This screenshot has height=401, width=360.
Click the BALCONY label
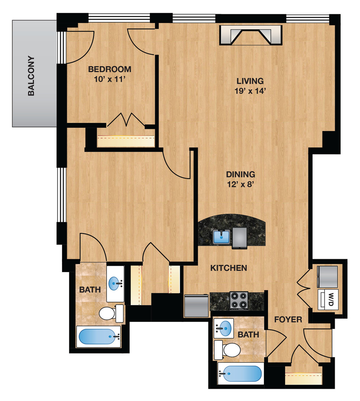coord(31,76)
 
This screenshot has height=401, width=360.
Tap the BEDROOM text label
coord(109,69)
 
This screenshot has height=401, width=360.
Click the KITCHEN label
coord(229,268)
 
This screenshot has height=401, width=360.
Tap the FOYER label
coord(288,319)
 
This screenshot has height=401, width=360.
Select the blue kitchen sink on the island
coord(221,237)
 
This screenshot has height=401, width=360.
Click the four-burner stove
coord(239,300)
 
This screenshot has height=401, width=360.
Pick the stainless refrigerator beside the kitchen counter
coord(196,305)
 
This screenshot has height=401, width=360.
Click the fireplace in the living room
coord(251,35)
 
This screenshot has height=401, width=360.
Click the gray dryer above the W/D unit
coord(327,276)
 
